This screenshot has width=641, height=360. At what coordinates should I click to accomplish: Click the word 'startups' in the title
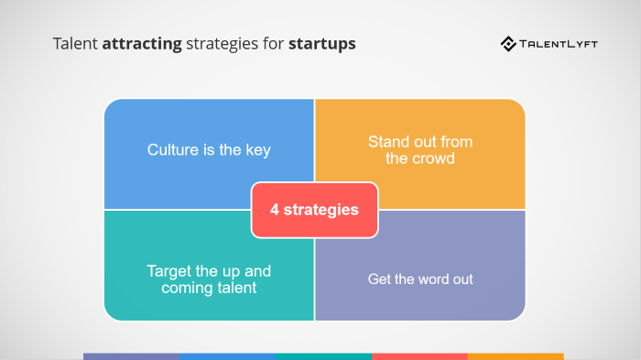(322, 43)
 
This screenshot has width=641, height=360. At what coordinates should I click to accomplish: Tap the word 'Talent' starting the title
(75, 43)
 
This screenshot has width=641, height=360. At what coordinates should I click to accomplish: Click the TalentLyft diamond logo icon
(508, 43)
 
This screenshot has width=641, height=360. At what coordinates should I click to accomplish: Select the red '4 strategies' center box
(314, 210)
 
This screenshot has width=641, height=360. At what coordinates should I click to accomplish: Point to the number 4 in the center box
(274, 210)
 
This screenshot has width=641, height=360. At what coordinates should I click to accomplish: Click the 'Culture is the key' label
(209, 150)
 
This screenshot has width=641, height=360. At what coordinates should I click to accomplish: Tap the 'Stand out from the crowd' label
(420, 149)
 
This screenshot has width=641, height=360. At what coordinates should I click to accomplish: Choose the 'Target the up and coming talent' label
(209, 279)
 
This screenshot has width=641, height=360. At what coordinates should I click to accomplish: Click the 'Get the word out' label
(420, 278)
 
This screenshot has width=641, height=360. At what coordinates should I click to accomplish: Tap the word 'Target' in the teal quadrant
(169, 271)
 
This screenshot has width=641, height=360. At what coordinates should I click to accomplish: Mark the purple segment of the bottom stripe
(131, 356)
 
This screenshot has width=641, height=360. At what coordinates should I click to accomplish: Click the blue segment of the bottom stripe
(227, 356)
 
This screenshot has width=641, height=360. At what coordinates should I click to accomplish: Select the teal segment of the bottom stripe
(323, 356)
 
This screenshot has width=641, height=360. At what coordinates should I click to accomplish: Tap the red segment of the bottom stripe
(419, 356)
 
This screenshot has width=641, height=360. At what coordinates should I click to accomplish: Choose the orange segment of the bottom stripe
(516, 356)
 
